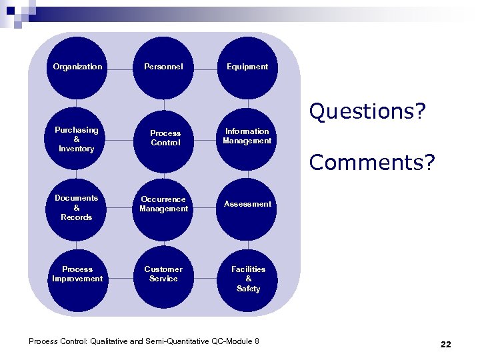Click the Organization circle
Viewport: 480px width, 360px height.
(78, 67)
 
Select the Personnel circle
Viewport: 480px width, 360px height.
(163, 67)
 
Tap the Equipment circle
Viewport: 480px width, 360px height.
(247, 67)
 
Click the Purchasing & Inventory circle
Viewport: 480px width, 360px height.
(78, 139)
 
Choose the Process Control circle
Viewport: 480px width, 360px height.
(163, 139)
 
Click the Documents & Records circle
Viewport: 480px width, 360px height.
(78, 208)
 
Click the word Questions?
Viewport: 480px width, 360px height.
(367, 111)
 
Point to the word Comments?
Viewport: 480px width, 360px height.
(371, 162)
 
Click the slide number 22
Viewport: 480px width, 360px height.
(445, 345)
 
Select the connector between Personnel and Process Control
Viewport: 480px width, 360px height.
(163, 103)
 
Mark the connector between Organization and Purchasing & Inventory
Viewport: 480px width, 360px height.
(78, 103)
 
